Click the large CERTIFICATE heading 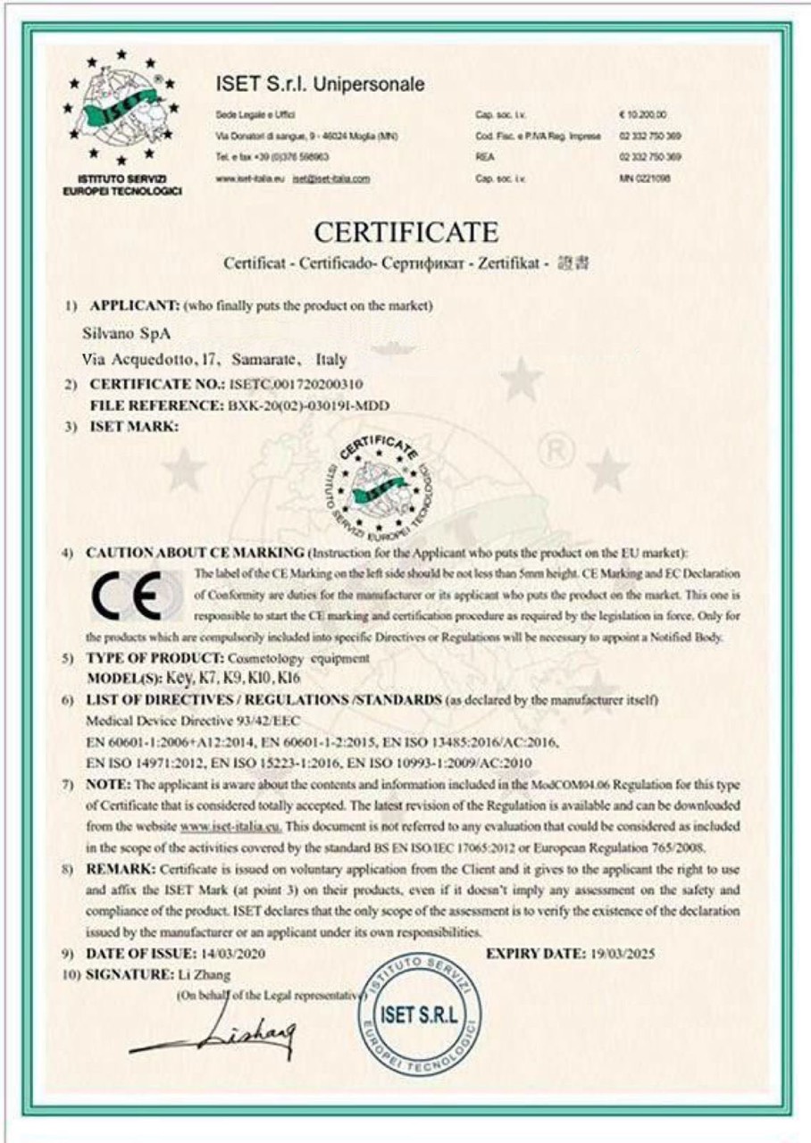pyautogui.click(x=405, y=233)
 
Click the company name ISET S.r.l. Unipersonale pyautogui.click(x=320, y=85)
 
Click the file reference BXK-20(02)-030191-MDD pyautogui.click(x=305, y=405)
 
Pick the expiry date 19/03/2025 pyautogui.click(x=623, y=953)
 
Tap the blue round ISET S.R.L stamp pyautogui.click(x=419, y=1014)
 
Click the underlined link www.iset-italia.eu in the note pyautogui.click(x=230, y=827)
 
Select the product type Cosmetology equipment pyautogui.click(x=294, y=659)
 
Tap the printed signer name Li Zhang pyautogui.click(x=197, y=974)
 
